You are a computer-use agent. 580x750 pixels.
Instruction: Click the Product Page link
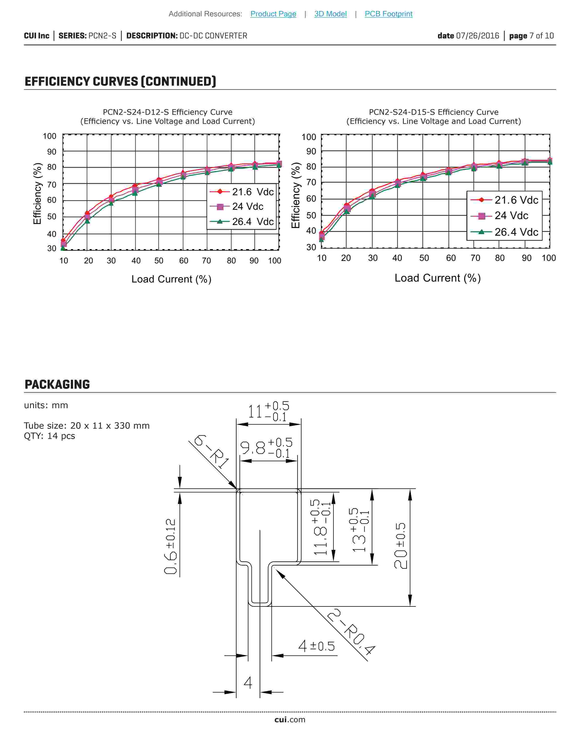coord(273,14)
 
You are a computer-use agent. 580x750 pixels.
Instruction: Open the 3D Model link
coord(330,14)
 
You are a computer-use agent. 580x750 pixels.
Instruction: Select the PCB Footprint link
coord(388,14)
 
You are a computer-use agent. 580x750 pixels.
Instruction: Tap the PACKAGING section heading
coord(57,384)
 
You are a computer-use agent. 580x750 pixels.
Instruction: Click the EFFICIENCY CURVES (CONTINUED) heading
coord(120,81)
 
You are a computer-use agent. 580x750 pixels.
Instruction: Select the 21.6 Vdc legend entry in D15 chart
coord(504,200)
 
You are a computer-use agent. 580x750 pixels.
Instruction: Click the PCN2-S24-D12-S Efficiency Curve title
coord(168,112)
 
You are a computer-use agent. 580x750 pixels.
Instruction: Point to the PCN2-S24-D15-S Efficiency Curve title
coord(434,112)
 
